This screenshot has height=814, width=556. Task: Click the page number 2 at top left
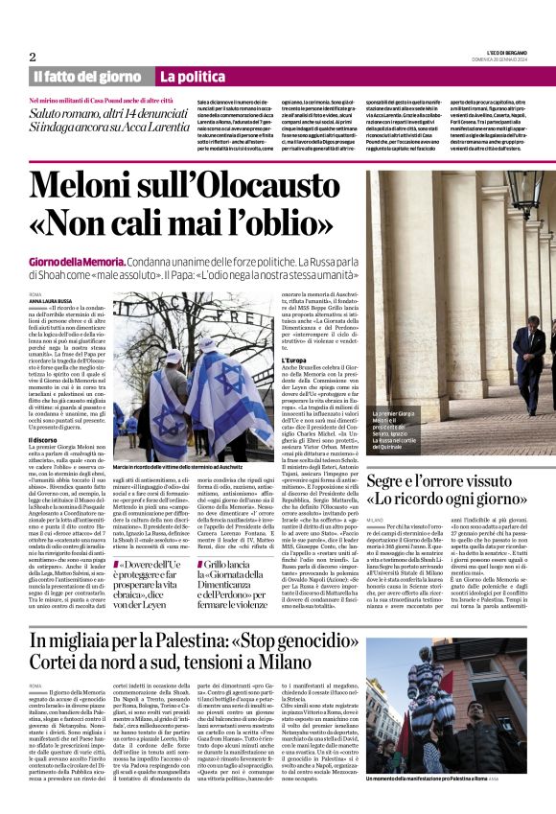pyautogui.click(x=33, y=57)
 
